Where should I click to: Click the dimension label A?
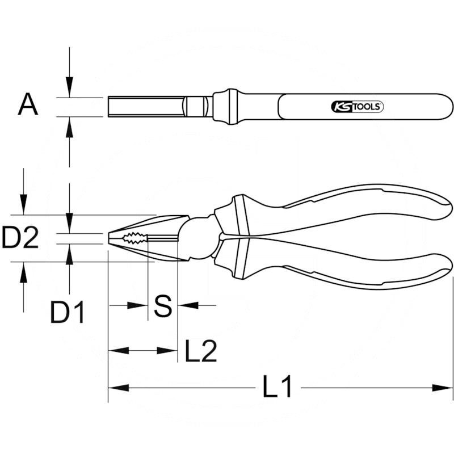pyautogui.click(x=28, y=106)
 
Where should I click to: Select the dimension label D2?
pyautogui.click(x=20, y=239)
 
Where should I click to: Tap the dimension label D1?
pyautogui.click(x=68, y=312)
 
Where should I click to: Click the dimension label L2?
pyautogui.click(x=201, y=351)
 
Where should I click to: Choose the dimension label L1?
pyautogui.click(x=278, y=388)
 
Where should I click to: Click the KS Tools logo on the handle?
pyautogui.click(x=357, y=106)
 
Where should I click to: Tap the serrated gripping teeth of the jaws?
pyautogui.click(x=136, y=238)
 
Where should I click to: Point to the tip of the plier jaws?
pyautogui.click(x=110, y=238)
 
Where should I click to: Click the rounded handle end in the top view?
pyautogui.click(x=443, y=107)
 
